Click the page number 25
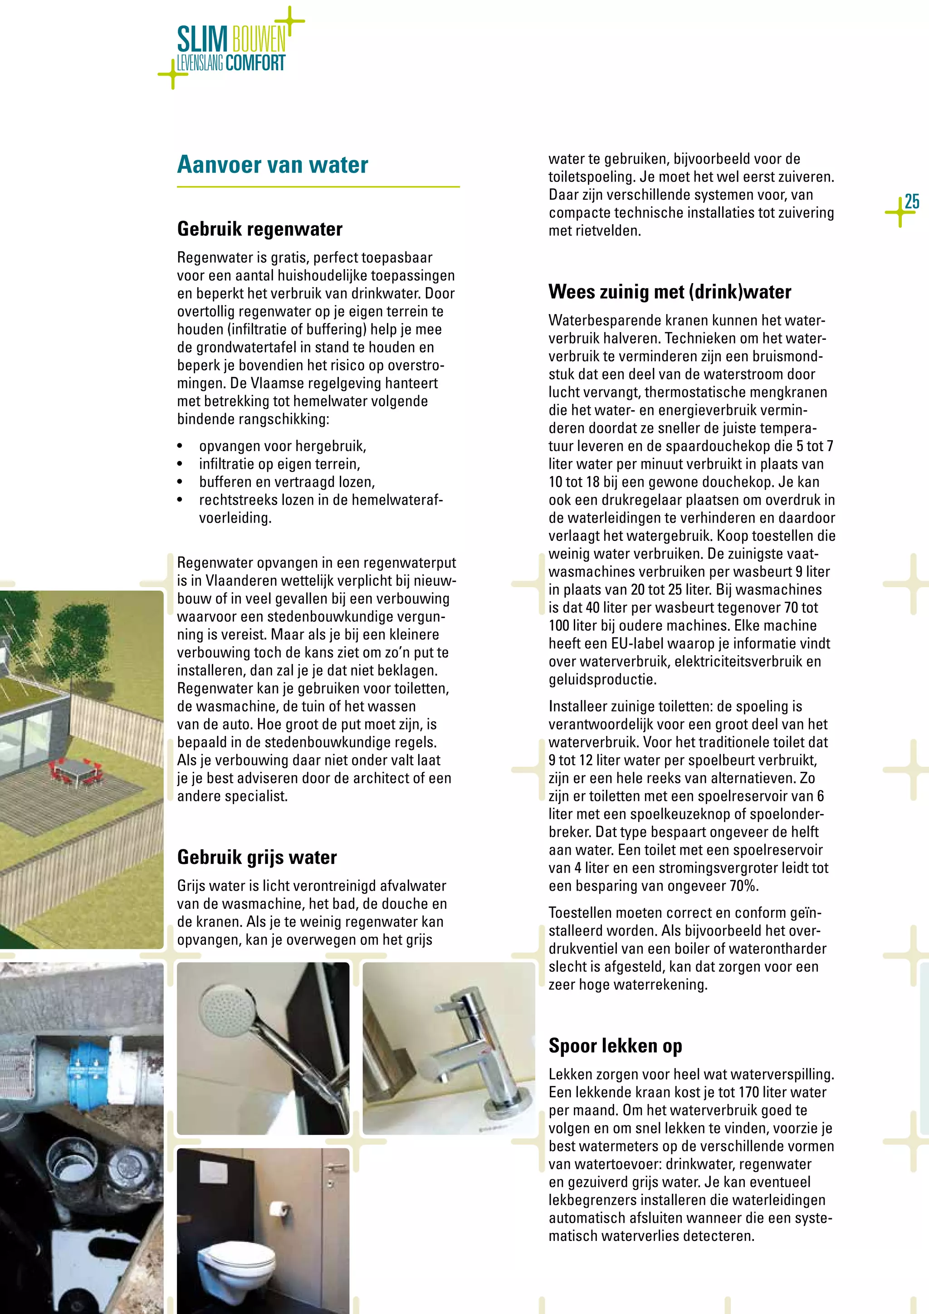tap(912, 201)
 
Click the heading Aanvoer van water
tap(272, 165)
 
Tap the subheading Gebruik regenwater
tap(260, 229)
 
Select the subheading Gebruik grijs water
tap(257, 857)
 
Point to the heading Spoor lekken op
tap(615, 1045)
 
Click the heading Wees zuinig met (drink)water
tap(669, 292)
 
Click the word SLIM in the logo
tap(202, 40)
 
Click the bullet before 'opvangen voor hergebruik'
tap(180, 446)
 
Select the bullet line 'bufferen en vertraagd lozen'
tap(287, 482)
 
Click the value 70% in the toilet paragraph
tap(743, 886)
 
